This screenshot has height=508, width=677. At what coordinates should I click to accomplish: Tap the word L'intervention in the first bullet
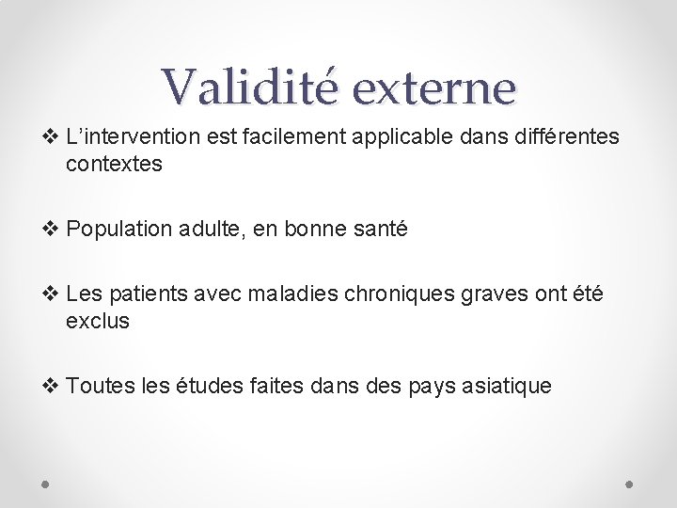[133, 137]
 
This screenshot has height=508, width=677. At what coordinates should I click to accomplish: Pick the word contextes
[114, 164]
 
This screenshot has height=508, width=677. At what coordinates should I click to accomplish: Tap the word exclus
[98, 322]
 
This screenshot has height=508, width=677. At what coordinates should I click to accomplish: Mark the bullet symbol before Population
[54, 229]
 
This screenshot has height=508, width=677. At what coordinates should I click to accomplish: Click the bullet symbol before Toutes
[54, 386]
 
